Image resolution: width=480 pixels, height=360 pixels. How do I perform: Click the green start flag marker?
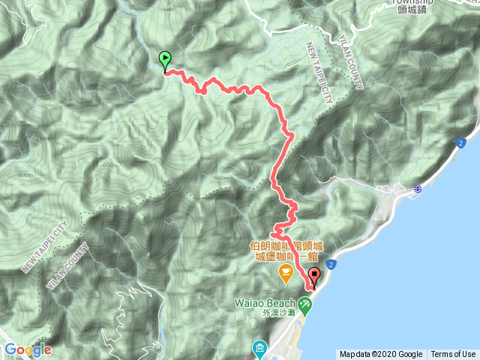(x=165, y=59)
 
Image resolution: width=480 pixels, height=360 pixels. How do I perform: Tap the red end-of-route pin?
(x=313, y=277)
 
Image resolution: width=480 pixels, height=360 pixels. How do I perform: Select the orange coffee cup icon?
(x=285, y=271)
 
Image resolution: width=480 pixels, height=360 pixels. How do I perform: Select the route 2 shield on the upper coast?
(x=458, y=142)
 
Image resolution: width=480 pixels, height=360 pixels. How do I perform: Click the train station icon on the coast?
(x=416, y=190)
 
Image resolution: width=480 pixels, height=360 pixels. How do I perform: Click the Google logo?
(x=27, y=349)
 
